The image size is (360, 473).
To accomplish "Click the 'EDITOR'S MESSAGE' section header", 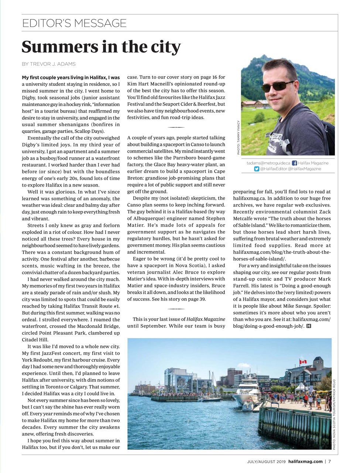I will tap(74, 23).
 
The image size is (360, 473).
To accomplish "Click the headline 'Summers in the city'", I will tap(101, 47).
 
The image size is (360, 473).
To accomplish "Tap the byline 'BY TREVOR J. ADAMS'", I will tap(49, 64).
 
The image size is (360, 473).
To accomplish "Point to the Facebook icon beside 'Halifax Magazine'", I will tap(294, 163).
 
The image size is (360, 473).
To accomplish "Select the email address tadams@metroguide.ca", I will tap(268, 163).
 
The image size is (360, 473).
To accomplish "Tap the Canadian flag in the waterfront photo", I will tap(303, 362).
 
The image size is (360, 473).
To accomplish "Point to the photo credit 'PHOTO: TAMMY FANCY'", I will tap(239, 137).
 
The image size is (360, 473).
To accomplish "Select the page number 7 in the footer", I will tap(329, 461).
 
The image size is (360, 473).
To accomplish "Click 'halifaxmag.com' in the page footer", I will tap(305, 461).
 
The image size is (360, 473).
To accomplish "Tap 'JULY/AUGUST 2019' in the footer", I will tap(267, 461).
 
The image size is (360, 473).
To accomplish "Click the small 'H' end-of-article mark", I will tap(309, 326).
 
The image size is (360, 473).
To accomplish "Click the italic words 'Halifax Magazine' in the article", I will tap(205, 319).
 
